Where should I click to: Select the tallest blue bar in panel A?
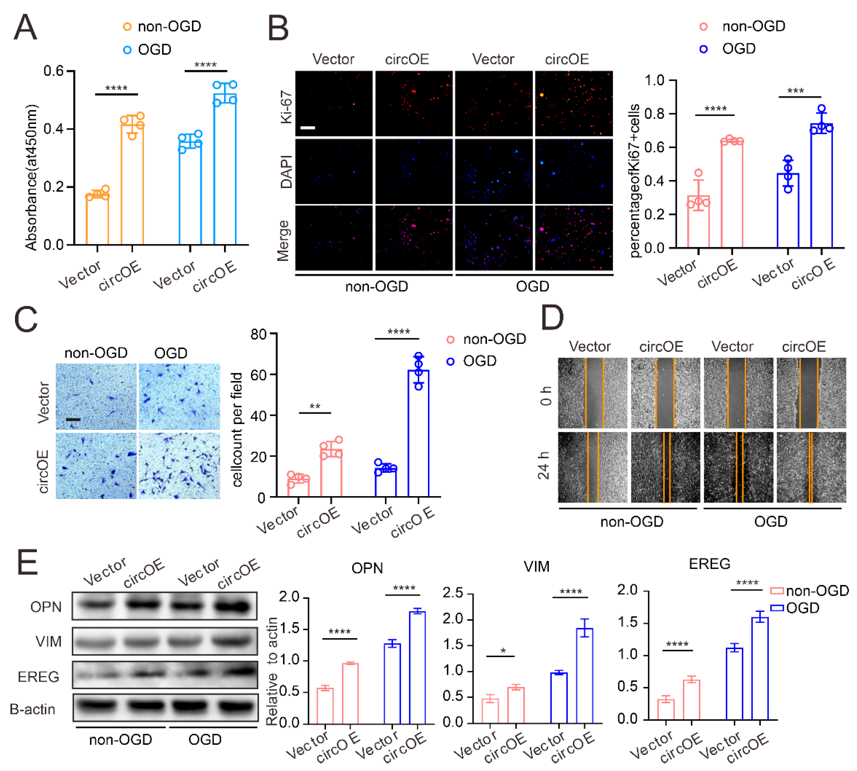coord(225,169)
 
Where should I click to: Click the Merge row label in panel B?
coord(283,240)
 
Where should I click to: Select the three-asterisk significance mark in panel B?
coord(795,91)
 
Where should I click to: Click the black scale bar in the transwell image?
coord(73,419)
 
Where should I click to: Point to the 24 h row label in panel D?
coord(544,465)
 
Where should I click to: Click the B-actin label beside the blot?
coord(33,709)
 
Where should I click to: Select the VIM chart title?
coord(536,566)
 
